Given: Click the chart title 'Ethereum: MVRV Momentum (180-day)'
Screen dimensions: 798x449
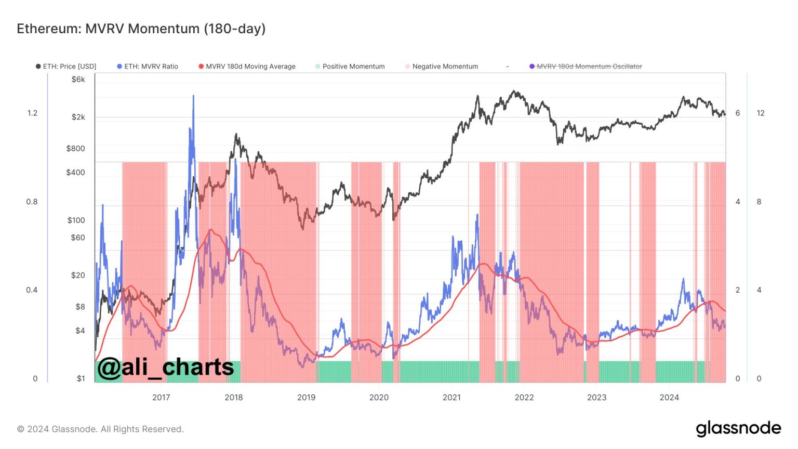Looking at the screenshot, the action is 141,29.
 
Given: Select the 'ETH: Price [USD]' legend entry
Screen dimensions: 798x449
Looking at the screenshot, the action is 66,67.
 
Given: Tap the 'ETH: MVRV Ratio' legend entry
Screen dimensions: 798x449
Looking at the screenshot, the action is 148,67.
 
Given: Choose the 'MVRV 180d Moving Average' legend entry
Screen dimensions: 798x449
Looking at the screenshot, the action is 247,67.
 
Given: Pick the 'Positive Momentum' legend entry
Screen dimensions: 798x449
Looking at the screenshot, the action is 350,67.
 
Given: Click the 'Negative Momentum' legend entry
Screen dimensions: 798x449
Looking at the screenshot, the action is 442,67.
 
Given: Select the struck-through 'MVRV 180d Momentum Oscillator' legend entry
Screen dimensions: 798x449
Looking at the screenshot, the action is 586,67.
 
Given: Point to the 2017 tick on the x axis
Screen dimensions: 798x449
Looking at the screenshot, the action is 161,398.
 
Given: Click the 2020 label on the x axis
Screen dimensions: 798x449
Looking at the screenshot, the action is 379,398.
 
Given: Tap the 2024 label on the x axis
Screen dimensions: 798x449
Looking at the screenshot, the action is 669,398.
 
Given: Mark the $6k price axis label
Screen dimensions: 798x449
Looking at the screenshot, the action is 78,80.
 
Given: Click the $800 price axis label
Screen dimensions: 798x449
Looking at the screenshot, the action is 75,148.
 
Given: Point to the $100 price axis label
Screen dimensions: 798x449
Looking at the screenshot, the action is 76,220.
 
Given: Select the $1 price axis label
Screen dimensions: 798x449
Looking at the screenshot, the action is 81,378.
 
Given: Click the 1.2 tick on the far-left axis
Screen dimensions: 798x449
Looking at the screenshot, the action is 32,113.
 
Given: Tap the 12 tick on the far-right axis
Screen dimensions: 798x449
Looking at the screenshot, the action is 761,113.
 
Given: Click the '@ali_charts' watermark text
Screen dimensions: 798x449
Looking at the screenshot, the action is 165,367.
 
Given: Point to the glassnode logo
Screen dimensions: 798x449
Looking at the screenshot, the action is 738,428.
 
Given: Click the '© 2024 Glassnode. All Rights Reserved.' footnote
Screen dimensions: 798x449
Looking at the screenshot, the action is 100,429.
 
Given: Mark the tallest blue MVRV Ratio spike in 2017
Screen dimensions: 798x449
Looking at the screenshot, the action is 193,96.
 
